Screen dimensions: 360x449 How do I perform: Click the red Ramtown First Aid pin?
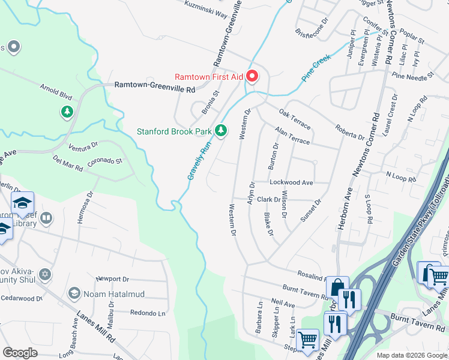pyautogui.click(x=252, y=77)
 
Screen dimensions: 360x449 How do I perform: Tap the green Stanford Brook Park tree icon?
pyautogui.click(x=221, y=130)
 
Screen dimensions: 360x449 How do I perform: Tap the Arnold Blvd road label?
pyautogui.click(x=56, y=93)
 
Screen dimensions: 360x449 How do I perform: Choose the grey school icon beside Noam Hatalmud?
pyautogui.click(x=74, y=293)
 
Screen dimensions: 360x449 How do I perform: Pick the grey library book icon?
pyautogui.click(x=46, y=217)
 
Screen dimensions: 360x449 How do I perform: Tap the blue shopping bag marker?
pyautogui.click(x=337, y=288)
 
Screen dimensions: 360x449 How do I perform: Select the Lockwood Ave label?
pyautogui.click(x=292, y=182)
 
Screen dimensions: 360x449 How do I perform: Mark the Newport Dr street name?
pyautogui.click(x=112, y=279)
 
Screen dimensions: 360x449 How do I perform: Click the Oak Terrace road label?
pyautogui.click(x=295, y=120)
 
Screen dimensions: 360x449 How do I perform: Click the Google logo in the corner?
pyautogui.click(x=20, y=353)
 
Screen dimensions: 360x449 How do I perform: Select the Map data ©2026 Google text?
pyautogui.click(x=411, y=355)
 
